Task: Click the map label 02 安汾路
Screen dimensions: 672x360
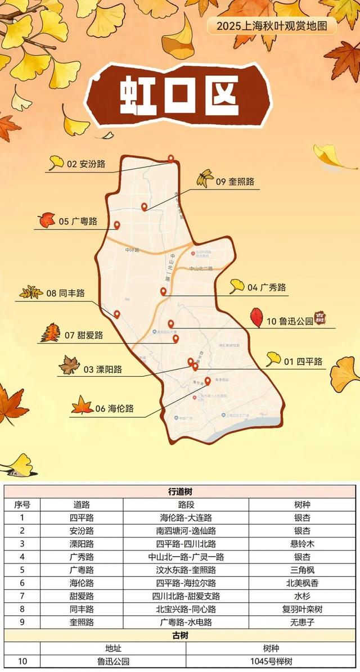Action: (x=86, y=165)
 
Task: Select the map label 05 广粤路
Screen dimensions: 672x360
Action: (x=78, y=222)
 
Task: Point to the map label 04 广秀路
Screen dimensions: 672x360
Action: (x=267, y=287)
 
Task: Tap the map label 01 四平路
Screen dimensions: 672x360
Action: (x=303, y=362)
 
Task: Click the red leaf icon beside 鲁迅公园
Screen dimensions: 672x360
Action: (x=256, y=318)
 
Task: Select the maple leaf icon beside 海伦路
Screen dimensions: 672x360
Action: (x=82, y=405)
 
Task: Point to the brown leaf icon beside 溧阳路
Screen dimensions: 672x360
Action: (x=70, y=365)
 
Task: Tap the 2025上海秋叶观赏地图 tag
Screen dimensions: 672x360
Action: (x=272, y=26)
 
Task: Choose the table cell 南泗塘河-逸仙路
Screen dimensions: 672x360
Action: (x=186, y=530)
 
